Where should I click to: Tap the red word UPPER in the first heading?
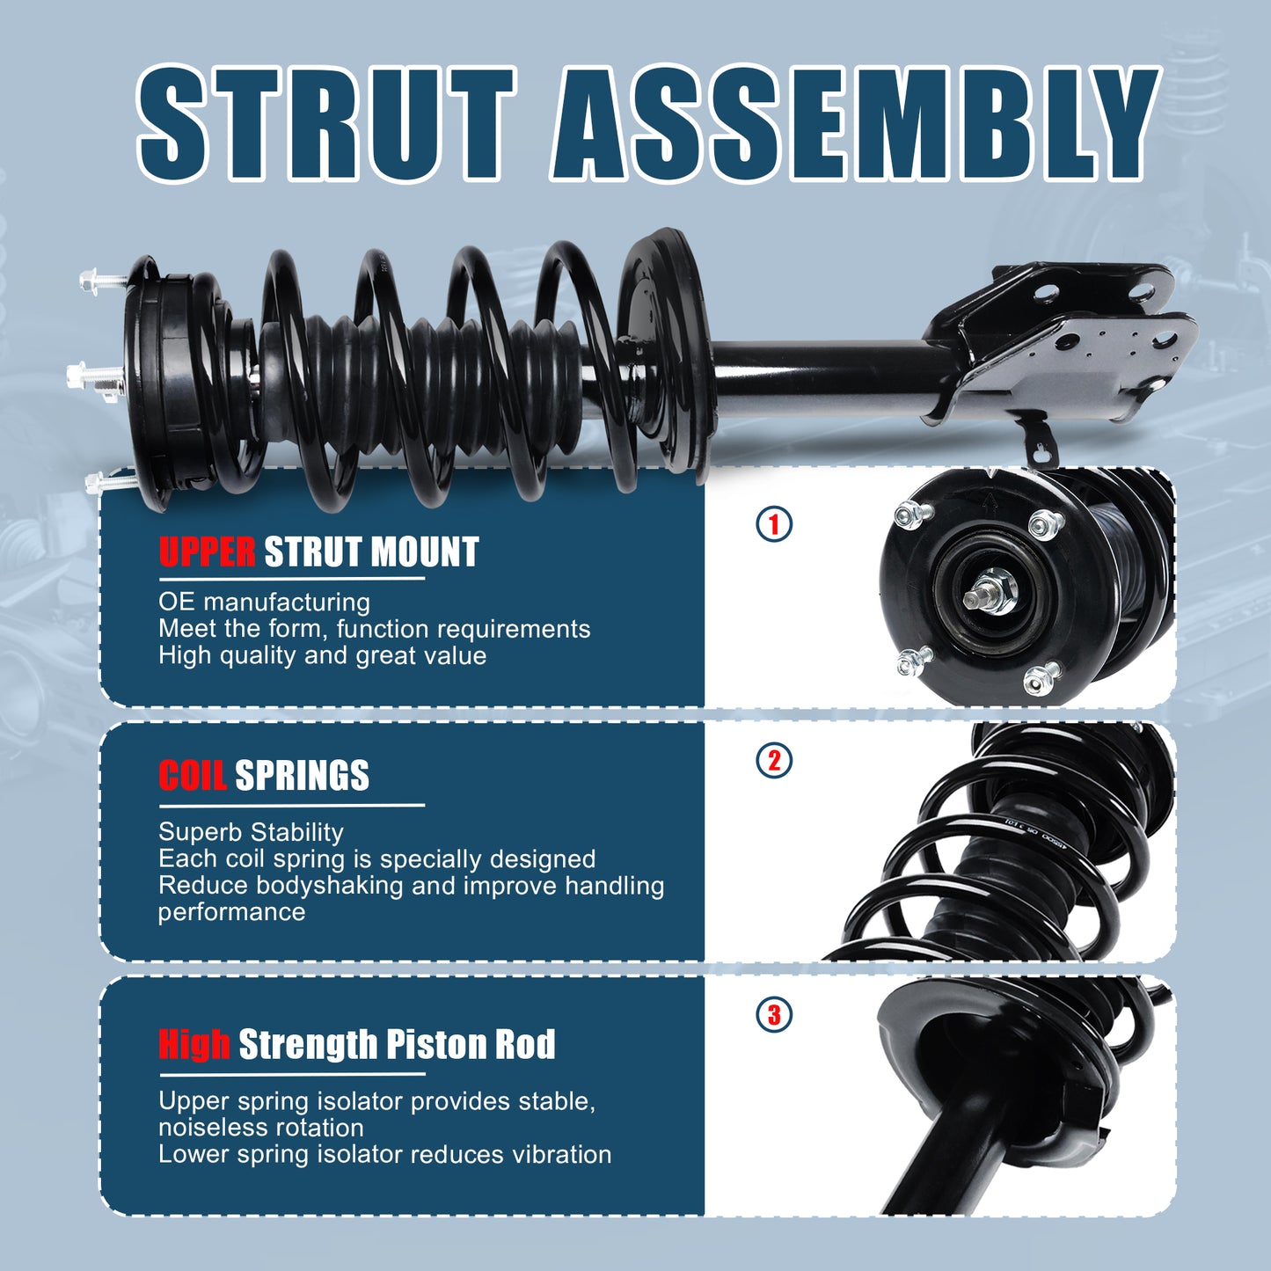pyautogui.click(x=207, y=552)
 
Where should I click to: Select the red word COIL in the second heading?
pyautogui.click(x=193, y=776)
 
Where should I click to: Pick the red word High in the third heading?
pyautogui.click(x=194, y=1044)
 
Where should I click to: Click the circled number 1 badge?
pyautogui.click(x=774, y=525)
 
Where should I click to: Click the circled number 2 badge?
pyautogui.click(x=774, y=761)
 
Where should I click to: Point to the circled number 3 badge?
pyautogui.click(x=774, y=1015)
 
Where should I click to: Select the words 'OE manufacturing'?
pyautogui.click(x=264, y=603)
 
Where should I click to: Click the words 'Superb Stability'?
pyautogui.click(x=251, y=832)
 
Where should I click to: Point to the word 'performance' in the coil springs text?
pyautogui.click(x=231, y=912)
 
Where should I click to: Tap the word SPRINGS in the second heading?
pyautogui.click(x=302, y=776)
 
